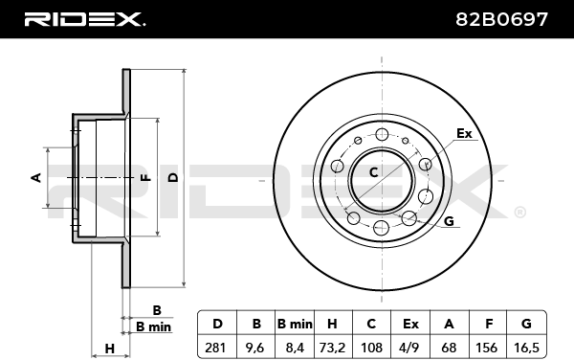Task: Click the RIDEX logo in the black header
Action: [x=84, y=19]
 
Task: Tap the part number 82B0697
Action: [x=501, y=19]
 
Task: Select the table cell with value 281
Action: [x=217, y=348]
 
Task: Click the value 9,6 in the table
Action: [x=255, y=348]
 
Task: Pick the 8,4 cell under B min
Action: [x=295, y=348]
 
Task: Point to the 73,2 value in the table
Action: [x=333, y=348]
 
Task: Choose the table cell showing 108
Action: [x=371, y=348]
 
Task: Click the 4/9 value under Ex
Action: [x=410, y=348]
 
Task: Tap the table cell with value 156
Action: [x=487, y=348]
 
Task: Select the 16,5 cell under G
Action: [x=526, y=348]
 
